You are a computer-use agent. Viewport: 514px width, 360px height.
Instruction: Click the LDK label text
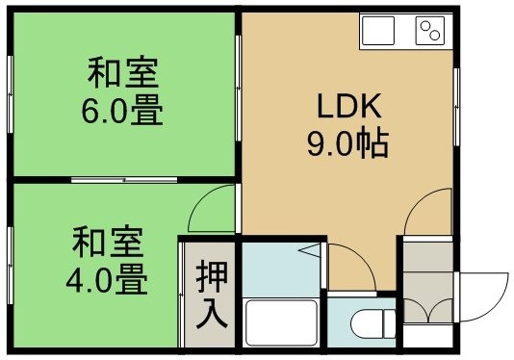(349, 106)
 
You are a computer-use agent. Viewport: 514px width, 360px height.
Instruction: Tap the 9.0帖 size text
(347, 143)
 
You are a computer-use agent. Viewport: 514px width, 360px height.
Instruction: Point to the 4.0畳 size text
(107, 279)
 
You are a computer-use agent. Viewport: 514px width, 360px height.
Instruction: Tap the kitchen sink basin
(378, 31)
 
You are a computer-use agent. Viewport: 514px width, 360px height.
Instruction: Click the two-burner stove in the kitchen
(430, 31)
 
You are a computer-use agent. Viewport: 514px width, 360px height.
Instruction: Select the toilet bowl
(373, 322)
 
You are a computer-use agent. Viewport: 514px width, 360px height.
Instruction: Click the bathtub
(281, 322)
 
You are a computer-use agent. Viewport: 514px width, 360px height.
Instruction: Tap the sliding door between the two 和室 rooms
(124, 180)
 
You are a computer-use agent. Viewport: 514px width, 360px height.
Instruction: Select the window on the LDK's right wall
(456, 107)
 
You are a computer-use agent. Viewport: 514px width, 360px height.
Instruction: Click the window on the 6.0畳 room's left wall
(11, 94)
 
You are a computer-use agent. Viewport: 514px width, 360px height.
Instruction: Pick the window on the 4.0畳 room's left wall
(11, 265)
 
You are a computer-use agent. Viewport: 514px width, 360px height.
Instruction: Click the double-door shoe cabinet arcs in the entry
(427, 311)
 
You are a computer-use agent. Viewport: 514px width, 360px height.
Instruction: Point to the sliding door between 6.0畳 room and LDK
(239, 89)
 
